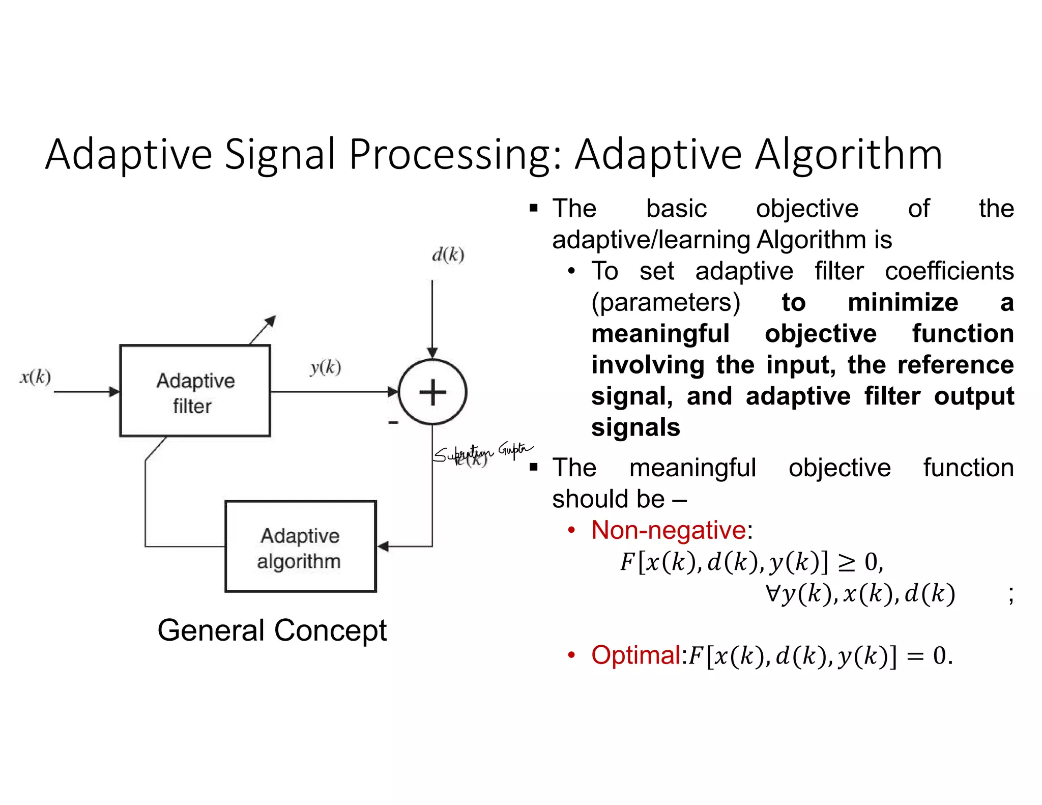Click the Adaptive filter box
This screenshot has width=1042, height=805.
(195, 391)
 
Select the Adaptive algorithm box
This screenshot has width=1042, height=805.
(300, 547)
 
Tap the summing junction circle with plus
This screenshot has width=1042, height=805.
(432, 392)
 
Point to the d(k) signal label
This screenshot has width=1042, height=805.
(448, 254)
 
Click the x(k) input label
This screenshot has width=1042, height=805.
(36, 377)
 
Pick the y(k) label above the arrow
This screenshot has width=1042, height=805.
(326, 367)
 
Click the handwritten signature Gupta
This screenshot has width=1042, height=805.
(515, 450)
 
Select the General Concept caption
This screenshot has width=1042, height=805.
(272, 630)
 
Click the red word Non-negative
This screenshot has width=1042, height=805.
(669, 530)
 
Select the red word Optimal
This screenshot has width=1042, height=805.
(636, 655)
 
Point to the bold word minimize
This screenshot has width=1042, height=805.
(903, 302)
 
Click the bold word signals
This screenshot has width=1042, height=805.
(635, 427)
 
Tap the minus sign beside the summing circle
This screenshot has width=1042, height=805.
(393, 422)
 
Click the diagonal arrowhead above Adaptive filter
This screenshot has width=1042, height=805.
(271, 321)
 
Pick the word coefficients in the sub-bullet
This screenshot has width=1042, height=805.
(949, 271)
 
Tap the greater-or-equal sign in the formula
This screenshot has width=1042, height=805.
(847, 562)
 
